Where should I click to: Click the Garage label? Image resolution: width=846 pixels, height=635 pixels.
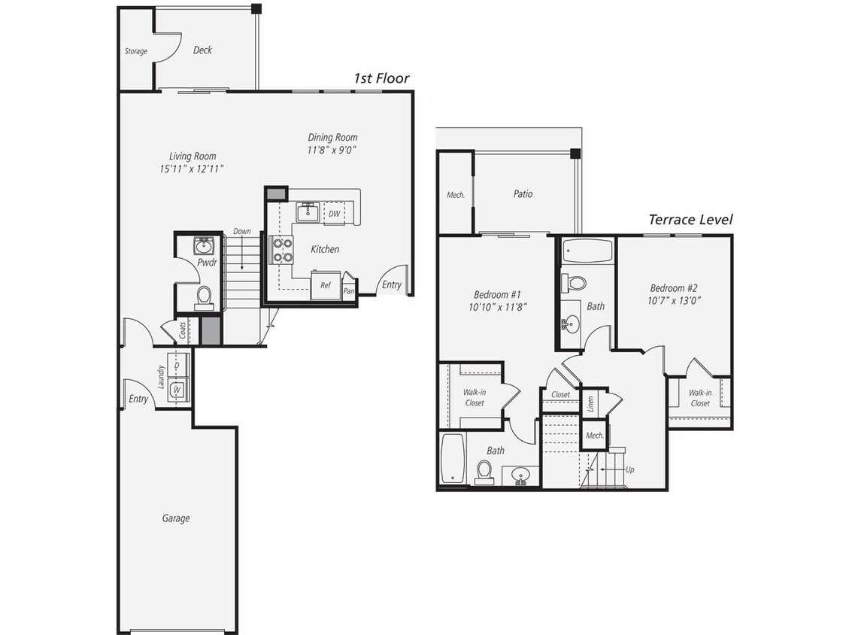click(176, 518)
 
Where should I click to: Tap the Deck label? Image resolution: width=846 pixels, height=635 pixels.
click(202, 50)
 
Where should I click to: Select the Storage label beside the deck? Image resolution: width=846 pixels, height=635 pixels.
click(136, 52)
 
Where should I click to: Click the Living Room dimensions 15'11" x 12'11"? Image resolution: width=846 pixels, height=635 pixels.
click(193, 169)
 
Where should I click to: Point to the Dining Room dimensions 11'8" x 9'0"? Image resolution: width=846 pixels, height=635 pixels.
click(332, 150)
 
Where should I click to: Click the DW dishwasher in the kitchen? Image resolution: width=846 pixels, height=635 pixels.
click(334, 214)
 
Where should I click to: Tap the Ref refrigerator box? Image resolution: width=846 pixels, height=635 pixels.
click(326, 286)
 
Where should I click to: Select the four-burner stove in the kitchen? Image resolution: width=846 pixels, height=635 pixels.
click(282, 250)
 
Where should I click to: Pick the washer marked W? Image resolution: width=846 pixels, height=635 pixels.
click(177, 390)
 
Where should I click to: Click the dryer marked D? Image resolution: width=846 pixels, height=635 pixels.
click(177, 365)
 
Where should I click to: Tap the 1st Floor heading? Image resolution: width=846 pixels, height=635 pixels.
click(382, 78)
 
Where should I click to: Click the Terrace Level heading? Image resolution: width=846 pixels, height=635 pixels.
click(690, 220)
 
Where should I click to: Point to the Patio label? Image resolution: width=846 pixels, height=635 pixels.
click(523, 194)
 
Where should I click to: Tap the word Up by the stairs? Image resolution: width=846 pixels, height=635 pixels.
click(629, 469)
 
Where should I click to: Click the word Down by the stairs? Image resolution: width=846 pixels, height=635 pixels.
click(242, 232)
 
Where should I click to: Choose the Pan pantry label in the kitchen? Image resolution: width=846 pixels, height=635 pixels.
click(349, 291)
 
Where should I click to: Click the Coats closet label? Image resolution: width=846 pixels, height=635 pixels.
click(183, 330)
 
